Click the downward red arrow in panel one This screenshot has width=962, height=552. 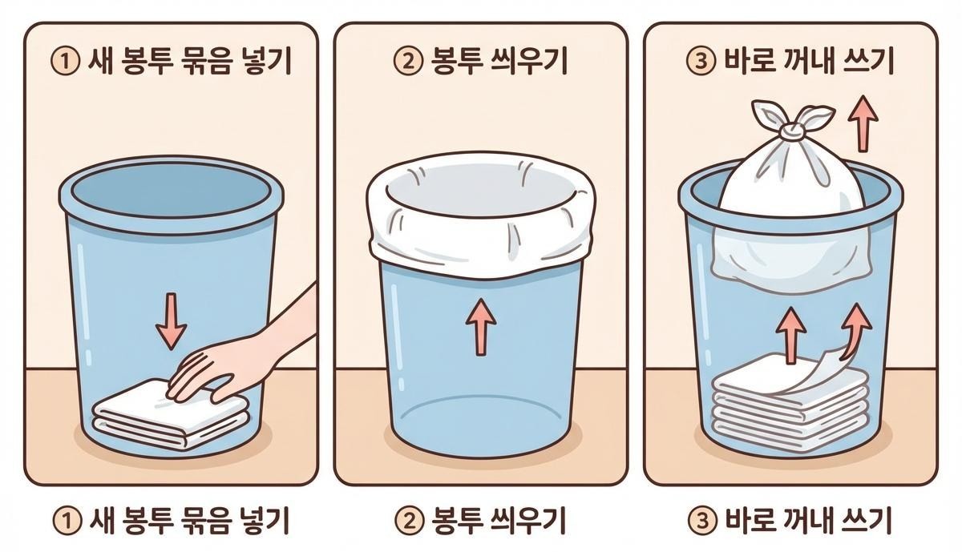tap(172, 320)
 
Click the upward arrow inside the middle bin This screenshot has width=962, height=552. tap(481, 327)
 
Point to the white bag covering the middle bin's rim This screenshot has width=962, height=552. tap(481, 215)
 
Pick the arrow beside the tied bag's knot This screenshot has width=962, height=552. tap(863, 123)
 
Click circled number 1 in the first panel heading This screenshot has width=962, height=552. tap(66, 62)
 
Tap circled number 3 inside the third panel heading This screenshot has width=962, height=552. tap(701, 62)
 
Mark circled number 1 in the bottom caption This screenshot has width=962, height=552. tap(67, 521)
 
